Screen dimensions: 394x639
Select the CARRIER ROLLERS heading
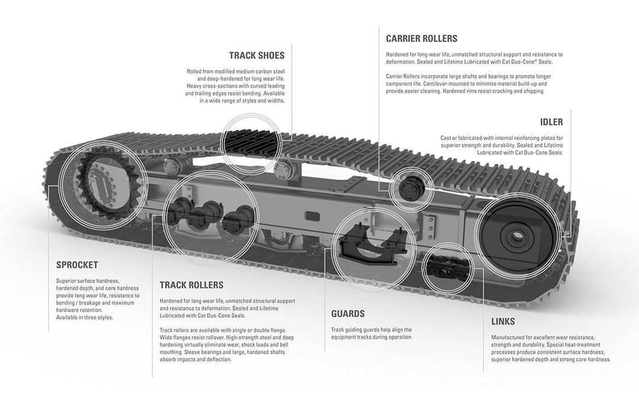pos(421,38)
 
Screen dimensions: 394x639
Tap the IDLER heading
pos(551,122)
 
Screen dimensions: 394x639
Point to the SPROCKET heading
pos(77,265)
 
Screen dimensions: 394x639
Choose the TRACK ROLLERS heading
pos(191,285)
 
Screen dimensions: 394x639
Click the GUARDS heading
pos(347,314)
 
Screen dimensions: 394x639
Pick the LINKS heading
pos(503,322)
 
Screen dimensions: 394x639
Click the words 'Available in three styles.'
pos(84,317)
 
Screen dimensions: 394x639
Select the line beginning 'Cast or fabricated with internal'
pos(501,138)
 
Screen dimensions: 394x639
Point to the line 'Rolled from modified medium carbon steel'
pos(235,71)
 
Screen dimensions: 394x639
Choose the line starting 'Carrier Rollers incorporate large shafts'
pos(468,76)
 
